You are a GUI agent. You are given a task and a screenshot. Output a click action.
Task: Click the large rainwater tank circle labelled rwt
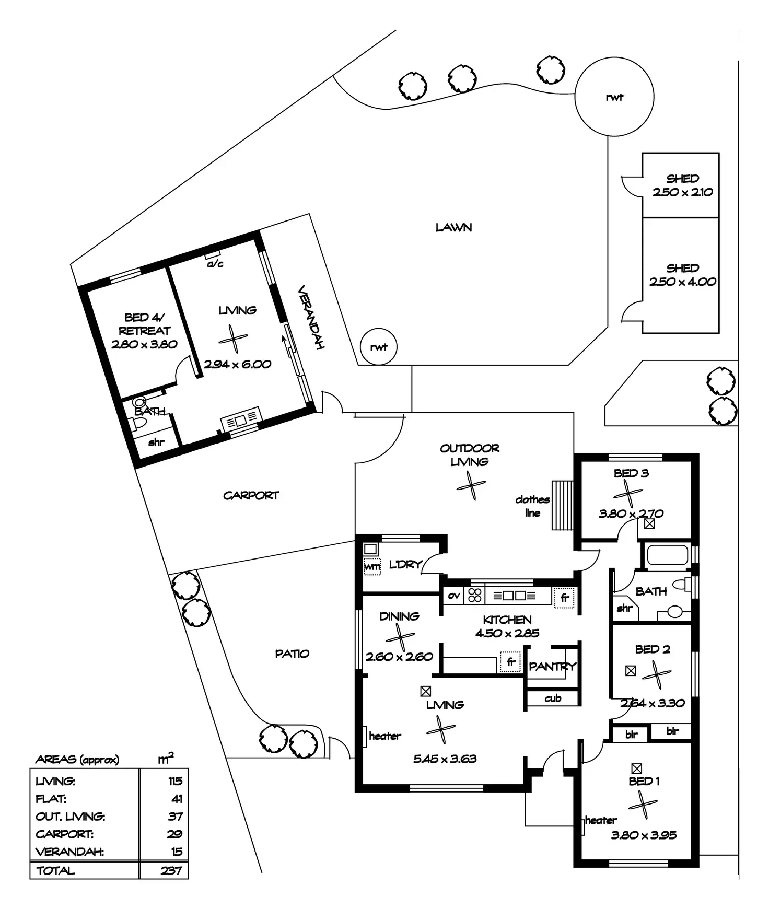pyautogui.click(x=614, y=97)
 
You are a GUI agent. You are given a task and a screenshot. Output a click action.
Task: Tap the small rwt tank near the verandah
pyautogui.click(x=379, y=347)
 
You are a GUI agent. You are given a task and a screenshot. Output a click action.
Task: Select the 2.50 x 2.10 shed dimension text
pyautogui.click(x=682, y=192)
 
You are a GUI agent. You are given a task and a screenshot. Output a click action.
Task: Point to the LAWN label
pyautogui.click(x=453, y=228)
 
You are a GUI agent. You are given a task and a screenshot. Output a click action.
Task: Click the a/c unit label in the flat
pyautogui.click(x=215, y=264)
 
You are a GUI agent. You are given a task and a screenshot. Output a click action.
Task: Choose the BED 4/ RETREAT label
pyautogui.click(x=144, y=324)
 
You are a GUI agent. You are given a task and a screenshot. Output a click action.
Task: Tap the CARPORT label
pyautogui.click(x=251, y=495)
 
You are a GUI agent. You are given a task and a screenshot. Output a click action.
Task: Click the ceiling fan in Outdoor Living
pyautogui.click(x=471, y=486)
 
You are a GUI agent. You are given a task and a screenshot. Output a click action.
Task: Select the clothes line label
pyautogui.click(x=532, y=506)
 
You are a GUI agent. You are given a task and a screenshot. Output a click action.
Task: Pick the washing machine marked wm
pyautogui.click(x=372, y=566)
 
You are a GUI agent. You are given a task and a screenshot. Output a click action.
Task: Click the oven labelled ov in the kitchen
pyautogui.click(x=454, y=596)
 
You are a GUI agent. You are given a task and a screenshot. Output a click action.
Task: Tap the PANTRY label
pyautogui.click(x=552, y=666)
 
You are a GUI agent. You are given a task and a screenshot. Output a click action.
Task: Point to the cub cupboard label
pyautogui.click(x=553, y=698)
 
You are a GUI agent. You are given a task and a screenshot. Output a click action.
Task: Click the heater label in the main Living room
pyautogui.click(x=384, y=736)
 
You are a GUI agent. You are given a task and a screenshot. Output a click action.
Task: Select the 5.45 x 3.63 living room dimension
pyautogui.click(x=445, y=759)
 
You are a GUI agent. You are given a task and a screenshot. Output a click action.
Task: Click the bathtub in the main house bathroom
pyautogui.click(x=668, y=555)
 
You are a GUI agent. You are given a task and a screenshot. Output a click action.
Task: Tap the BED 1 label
pyautogui.click(x=644, y=782)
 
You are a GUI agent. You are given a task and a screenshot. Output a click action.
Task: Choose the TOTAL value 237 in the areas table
pyautogui.click(x=171, y=870)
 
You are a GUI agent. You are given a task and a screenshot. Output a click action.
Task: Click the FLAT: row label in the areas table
pyautogui.click(x=51, y=799)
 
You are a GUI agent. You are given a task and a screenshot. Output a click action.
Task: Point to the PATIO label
pyautogui.click(x=292, y=654)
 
